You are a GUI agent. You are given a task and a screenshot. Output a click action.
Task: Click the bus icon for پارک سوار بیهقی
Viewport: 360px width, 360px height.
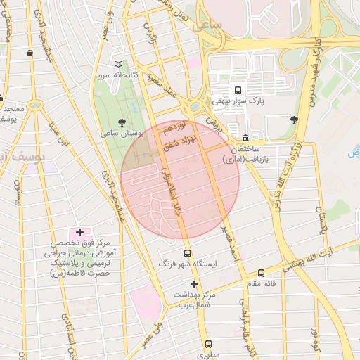pos(238,90)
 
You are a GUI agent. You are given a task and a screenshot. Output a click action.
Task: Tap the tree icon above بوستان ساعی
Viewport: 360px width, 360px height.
pos(123,122)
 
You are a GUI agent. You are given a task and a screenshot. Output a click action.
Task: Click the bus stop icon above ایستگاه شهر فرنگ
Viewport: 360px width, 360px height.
pos(187,253)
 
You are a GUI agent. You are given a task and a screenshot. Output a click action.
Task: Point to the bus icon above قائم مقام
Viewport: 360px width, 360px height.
pos(261,273)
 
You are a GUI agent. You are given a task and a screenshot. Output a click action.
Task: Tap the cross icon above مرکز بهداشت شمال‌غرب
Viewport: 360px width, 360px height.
pos(195,284)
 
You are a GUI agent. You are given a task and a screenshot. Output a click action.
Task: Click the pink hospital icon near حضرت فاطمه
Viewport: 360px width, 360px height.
pos(79,232)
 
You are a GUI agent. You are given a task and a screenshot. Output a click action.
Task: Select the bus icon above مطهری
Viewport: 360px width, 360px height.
pos(208,344)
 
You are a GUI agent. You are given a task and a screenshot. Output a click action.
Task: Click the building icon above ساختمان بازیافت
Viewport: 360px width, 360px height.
pos(245,137)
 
